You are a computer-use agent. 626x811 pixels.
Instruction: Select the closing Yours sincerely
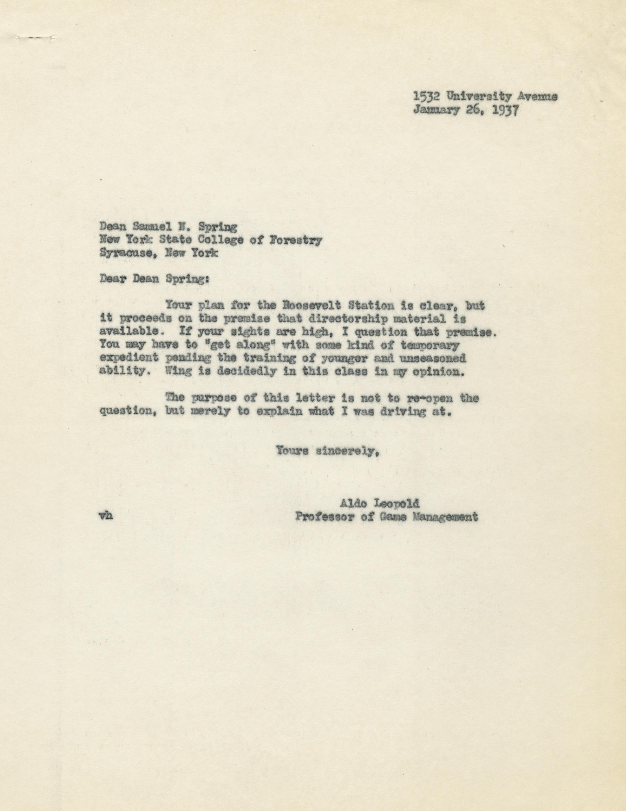pos(326,452)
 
